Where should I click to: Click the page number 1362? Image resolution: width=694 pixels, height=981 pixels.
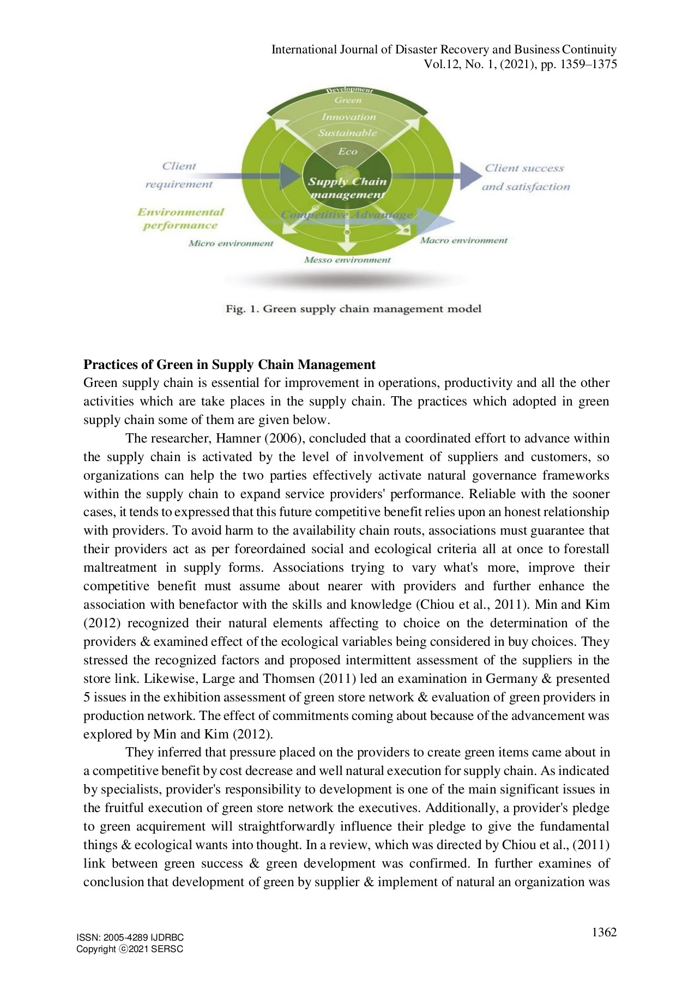pos(604,932)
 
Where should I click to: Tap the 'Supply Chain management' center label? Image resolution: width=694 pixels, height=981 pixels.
pos(347,188)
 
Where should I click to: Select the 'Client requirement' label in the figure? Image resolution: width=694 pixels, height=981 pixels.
pos(179,175)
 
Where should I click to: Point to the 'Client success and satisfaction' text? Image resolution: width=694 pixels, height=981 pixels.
pos(525,177)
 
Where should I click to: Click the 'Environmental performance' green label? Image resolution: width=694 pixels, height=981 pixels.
pos(180,219)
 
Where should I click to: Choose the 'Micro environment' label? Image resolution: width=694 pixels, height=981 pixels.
pos(231,244)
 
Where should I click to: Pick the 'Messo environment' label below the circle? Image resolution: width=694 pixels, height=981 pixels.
pos(347,260)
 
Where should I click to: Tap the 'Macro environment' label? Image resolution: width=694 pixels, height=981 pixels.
pos(463,240)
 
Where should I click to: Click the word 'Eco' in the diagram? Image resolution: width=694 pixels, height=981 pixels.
pos(347,152)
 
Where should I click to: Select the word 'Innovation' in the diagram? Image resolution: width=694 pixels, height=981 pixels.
pos(348,117)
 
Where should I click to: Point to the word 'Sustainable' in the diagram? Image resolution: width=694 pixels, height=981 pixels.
pos(347,133)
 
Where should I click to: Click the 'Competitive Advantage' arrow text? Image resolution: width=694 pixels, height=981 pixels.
pos(347,215)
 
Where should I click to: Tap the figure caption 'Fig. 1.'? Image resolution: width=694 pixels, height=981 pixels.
pos(243,309)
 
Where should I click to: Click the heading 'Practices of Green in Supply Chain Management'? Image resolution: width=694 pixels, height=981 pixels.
pos(229,364)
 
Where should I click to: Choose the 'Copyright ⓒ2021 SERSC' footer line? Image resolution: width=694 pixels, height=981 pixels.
pos(130,949)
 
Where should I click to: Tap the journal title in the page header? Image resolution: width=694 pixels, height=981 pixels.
pos(444,50)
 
